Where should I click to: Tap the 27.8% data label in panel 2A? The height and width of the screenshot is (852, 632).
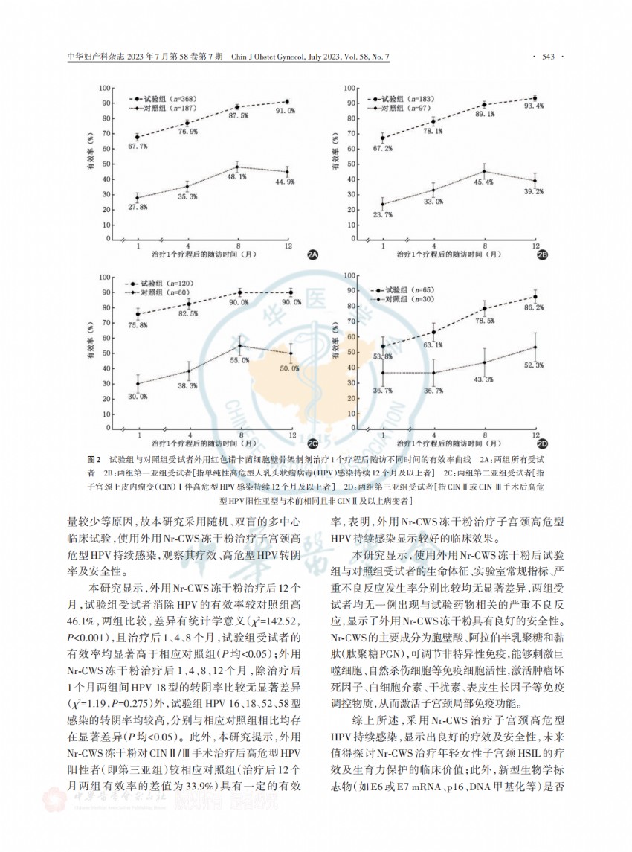(137, 208)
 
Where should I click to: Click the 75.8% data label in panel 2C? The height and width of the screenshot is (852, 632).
(137, 324)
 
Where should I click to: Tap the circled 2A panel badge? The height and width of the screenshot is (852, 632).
(313, 256)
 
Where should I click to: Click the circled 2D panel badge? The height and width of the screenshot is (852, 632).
(542, 443)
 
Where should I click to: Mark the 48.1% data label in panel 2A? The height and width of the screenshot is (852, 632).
(236, 176)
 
